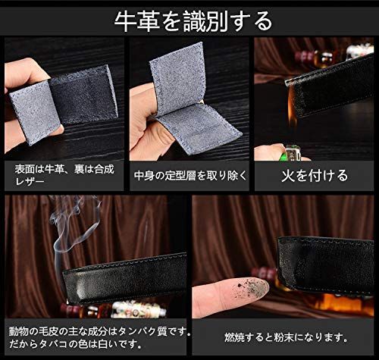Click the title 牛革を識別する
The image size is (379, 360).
coord(190,17)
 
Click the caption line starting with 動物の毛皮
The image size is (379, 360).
coord(95,331)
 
